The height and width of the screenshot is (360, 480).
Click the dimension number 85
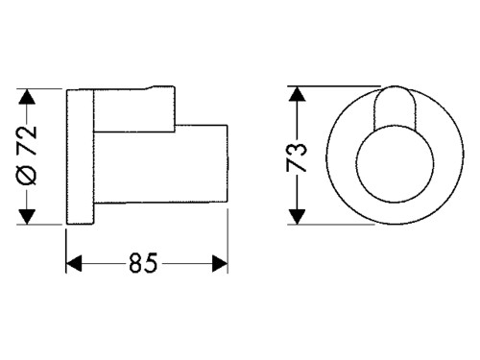coord(143,263)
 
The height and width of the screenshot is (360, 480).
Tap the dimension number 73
coord(297,157)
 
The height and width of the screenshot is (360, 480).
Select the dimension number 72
coord(27,140)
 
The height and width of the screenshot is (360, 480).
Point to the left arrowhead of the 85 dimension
coord(74,263)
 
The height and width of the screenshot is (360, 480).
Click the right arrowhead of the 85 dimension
coord(220,263)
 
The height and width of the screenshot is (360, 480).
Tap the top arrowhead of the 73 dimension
coord(298,94)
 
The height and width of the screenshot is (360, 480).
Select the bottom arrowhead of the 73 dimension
coord(298,216)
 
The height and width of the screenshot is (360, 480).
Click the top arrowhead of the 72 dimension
coord(27,96)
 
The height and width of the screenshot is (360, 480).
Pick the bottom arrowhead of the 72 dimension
coord(27,216)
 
